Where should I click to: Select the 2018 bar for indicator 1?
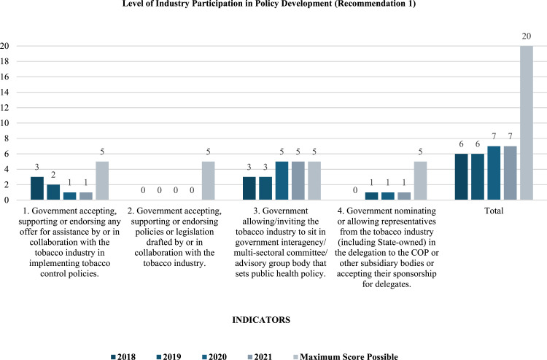[37, 188]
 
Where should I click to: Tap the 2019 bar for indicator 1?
[53, 192]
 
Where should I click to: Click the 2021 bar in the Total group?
[511, 173]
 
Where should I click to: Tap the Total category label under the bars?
[494, 210]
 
